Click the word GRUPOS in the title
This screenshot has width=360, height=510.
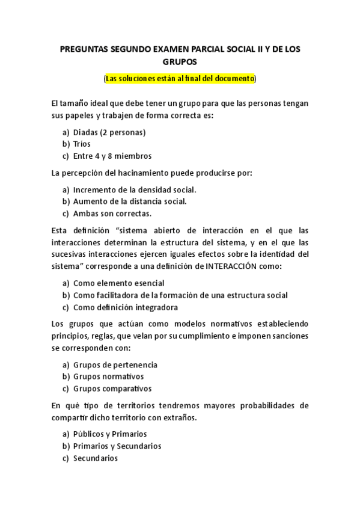180,61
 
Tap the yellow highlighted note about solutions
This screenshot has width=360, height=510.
180,79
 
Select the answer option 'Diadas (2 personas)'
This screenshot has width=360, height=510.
109,132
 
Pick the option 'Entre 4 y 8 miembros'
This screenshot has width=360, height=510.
112,156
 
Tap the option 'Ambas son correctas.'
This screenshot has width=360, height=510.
112,213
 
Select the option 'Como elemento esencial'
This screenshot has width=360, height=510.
119,283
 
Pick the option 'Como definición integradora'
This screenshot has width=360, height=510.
126,307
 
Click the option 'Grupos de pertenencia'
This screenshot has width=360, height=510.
115,365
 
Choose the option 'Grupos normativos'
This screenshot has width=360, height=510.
109,376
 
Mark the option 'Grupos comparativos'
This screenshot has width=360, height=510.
112,389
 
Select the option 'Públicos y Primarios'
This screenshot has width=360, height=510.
110,434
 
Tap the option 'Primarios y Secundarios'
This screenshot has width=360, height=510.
117,446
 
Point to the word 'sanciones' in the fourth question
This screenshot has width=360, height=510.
290,336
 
